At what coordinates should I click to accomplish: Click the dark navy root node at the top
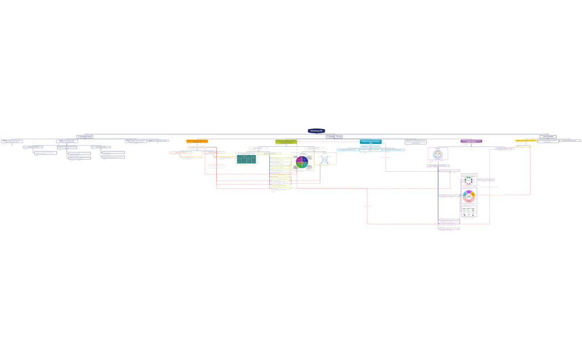point(316,131)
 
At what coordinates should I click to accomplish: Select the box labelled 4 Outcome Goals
point(85,136)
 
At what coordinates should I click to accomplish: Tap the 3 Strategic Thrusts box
point(334,136)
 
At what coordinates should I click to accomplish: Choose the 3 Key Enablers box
point(548,136)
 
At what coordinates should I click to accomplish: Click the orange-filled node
point(197,141)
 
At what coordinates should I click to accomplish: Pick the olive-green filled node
point(286,141)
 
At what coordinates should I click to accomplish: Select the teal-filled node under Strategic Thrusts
point(370,142)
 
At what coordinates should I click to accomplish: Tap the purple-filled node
point(471,141)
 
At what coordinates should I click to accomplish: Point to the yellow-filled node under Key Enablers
point(525,141)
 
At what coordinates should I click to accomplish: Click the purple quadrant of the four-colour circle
point(299,160)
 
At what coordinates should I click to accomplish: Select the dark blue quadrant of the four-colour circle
point(304,160)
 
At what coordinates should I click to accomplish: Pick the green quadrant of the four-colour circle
point(299,164)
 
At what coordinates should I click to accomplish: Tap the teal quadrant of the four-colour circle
point(304,164)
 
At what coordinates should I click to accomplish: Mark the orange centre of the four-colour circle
point(302,162)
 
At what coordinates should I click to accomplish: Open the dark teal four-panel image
point(247,159)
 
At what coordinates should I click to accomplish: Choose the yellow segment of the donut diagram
point(473,194)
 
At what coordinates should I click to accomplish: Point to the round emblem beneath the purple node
point(438,154)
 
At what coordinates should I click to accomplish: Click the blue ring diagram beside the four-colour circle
point(325,160)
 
